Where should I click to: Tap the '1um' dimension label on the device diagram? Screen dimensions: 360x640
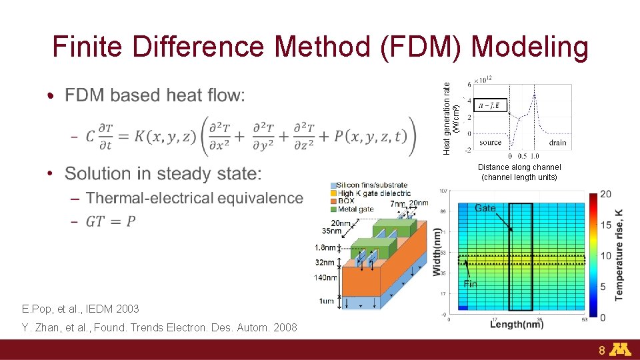point(326,301)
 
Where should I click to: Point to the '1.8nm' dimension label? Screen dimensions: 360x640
point(325,247)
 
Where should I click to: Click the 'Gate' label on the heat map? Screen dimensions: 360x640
point(485,208)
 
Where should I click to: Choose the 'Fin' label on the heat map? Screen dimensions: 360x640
point(470,284)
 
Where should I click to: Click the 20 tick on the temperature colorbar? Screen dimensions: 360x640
point(605,194)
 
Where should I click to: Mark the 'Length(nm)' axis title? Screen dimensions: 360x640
point(517,325)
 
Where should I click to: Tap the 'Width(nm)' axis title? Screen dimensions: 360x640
point(437,252)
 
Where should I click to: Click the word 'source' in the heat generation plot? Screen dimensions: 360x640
point(490,143)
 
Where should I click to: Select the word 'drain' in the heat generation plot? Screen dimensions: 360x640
point(557,143)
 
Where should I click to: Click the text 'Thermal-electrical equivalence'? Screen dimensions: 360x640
point(194,198)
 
